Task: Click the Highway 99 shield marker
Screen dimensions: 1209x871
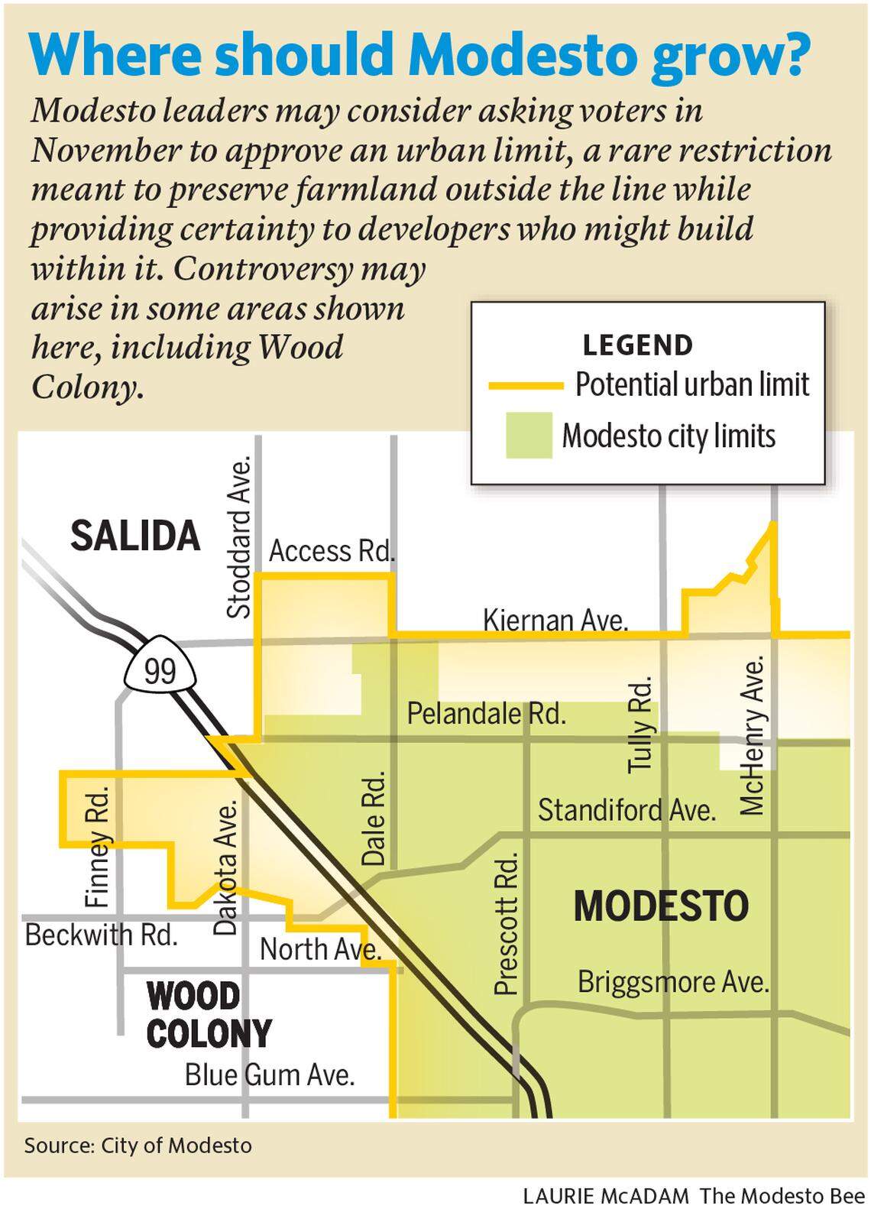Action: coord(160,672)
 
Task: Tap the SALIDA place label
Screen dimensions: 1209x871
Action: coord(135,536)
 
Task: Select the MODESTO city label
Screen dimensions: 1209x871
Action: coord(661,906)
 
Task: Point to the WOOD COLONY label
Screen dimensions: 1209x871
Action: coord(208,1015)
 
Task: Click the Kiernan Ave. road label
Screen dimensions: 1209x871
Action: coord(555,621)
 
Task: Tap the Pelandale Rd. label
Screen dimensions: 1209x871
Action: coord(487,714)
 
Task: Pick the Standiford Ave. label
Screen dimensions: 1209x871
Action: coord(627,810)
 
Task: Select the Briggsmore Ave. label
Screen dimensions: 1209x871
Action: coord(673,981)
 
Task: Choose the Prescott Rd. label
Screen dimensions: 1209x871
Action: coord(507,924)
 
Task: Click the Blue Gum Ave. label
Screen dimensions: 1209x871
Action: coord(270,1075)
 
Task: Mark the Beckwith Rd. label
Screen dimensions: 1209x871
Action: coord(102,935)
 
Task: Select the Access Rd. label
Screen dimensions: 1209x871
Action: coord(332,551)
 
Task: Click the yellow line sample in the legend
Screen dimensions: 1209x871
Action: coord(526,386)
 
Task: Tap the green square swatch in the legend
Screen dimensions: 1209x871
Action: coord(529,436)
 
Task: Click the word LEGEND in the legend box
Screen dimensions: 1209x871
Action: coord(637,345)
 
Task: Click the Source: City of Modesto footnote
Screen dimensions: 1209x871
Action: coord(138,1146)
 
